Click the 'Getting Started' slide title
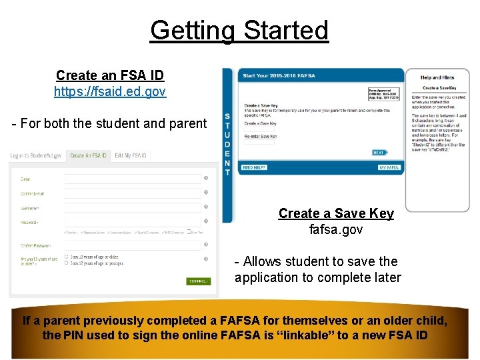[x=239, y=31]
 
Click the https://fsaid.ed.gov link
[x=110, y=91]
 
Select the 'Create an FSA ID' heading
[x=110, y=75]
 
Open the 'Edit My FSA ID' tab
[x=131, y=155]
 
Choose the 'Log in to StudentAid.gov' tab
[x=36, y=155]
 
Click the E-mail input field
[x=133, y=179]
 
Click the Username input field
[x=133, y=208]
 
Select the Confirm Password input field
[x=133, y=245]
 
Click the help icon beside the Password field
[x=205, y=221]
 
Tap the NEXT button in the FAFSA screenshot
[x=379, y=153]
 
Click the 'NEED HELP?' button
[x=254, y=167]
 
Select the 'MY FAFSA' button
[x=389, y=167]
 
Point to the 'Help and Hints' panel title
[x=437, y=78]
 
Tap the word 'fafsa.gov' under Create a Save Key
[x=336, y=229]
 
